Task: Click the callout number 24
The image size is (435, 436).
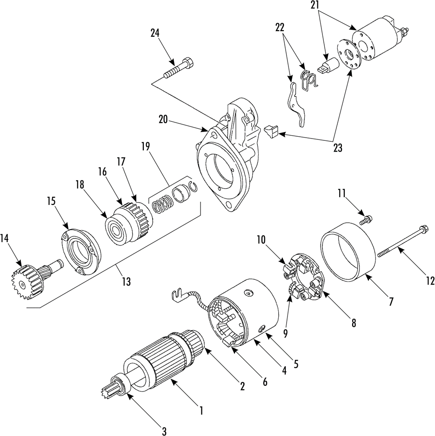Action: (x=155, y=33)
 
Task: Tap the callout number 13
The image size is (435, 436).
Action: (x=126, y=281)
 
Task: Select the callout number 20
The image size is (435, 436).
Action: (x=164, y=119)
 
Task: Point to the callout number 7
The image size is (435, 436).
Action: (x=391, y=301)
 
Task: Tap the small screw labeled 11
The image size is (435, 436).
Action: (x=365, y=220)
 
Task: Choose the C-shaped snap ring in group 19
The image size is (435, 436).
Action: (x=194, y=186)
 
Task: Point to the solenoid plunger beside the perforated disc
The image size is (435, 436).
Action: (x=328, y=66)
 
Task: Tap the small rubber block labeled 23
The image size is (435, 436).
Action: (x=271, y=131)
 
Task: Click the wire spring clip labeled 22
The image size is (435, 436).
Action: (x=308, y=80)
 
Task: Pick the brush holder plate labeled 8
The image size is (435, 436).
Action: (x=304, y=277)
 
